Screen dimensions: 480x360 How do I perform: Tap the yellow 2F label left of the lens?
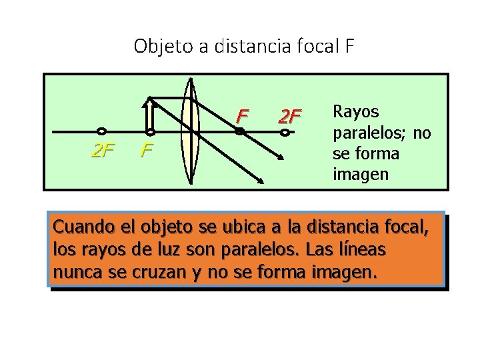click(x=102, y=152)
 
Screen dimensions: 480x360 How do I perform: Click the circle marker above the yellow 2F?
click(x=102, y=131)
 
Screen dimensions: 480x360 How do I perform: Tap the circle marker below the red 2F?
click(x=285, y=133)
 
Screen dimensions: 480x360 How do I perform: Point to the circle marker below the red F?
click(x=240, y=132)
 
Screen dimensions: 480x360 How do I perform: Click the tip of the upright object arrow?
click(x=151, y=100)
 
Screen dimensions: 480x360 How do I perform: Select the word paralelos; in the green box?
click(x=370, y=132)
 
